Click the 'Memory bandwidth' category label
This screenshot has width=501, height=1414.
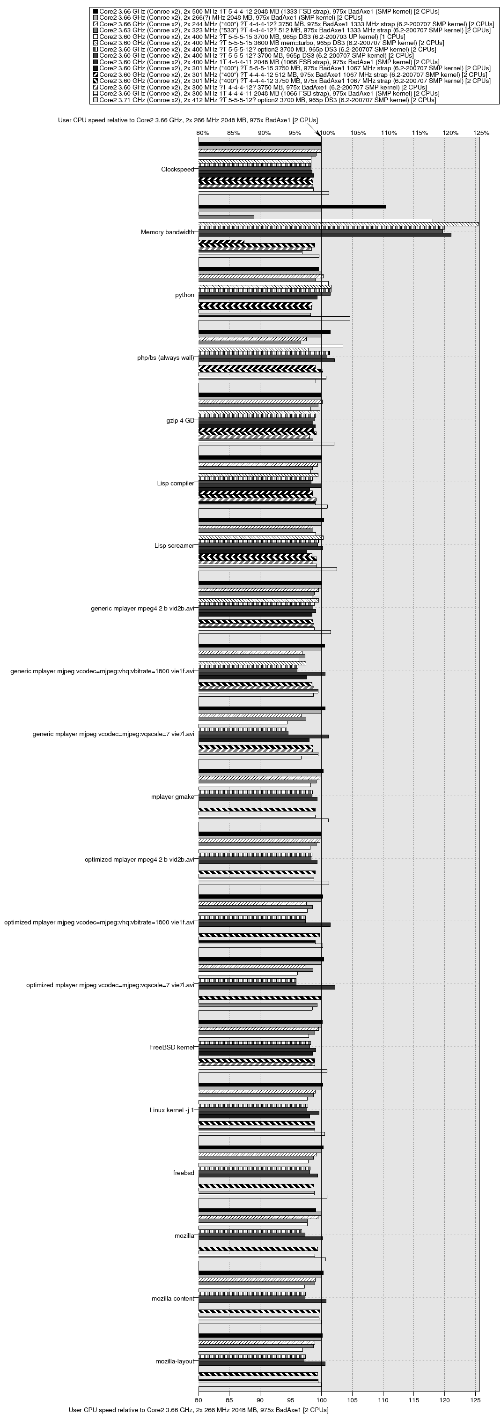tap(167, 232)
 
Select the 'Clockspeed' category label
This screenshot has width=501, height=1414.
tap(177, 170)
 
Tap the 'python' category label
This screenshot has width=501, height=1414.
tap(184, 295)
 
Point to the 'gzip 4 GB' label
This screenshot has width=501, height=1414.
tap(180, 420)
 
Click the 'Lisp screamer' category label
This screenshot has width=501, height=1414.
tap(174, 546)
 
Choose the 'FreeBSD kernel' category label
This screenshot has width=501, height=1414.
tap(172, 1047)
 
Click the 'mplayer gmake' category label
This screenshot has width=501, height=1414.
tap(172, 796)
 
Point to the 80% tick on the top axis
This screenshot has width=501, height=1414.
tap(202, 133)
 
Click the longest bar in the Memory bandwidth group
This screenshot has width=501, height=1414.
tap(339, 224)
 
